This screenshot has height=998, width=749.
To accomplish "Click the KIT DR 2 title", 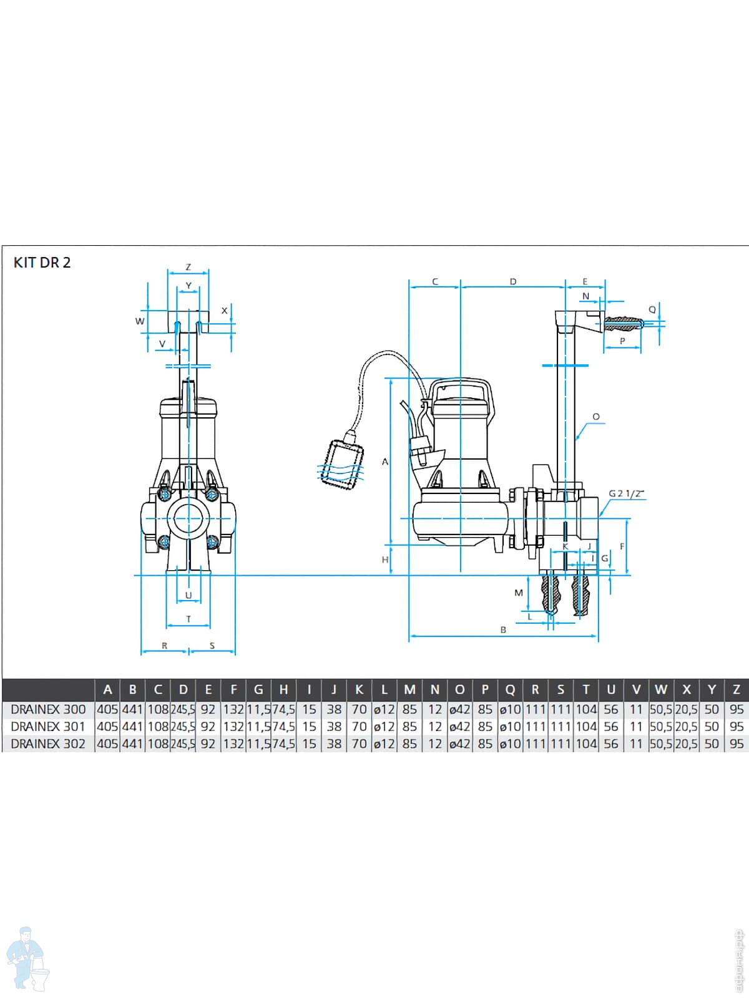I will [x=42, y=263].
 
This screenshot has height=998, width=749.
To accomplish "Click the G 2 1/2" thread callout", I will [x=626, y=493].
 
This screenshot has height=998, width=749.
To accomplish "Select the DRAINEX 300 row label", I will [x=48, y=709].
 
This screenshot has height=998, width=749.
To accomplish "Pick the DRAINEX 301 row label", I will [x=48, y=727].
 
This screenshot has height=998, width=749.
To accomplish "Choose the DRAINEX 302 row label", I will [x=48, y=744].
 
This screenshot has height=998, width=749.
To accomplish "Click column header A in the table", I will [x=107, y=690].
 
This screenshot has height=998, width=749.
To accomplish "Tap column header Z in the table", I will [x=737, y=690].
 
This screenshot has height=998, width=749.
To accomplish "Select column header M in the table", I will [x=409, y=690].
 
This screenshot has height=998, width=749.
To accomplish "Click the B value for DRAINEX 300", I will [x=132, y=709].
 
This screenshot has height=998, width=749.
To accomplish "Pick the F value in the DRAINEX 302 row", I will [x=233, y=744].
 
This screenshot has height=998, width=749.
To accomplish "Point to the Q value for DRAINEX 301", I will [x=510, y=727].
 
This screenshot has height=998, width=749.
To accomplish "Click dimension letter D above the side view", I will [x=513, y=282].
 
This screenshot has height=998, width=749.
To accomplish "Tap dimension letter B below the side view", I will [x=503, y=630].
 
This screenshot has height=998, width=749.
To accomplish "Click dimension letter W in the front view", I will [x=140, y=321].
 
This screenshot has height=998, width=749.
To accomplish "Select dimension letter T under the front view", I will [x=188, y=619].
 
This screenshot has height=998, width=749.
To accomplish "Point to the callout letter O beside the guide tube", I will [x=595, y=417].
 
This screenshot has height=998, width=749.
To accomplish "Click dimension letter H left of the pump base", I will [x=385, y=560].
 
